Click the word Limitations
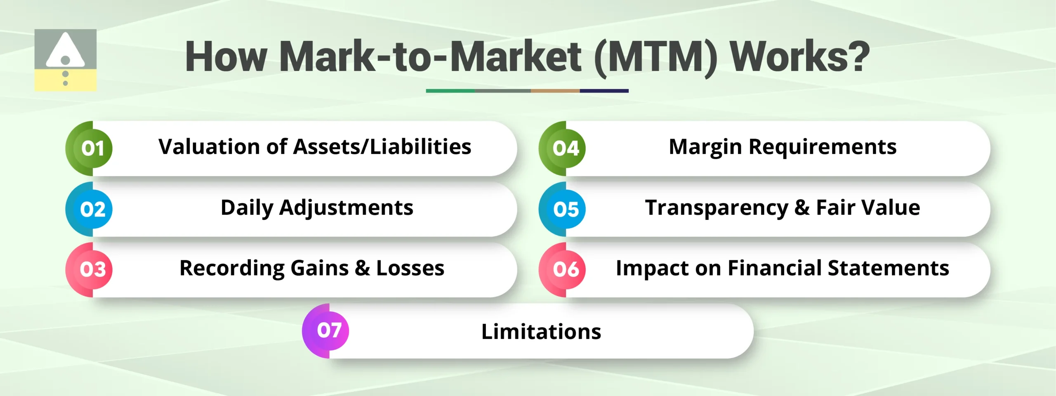(541, 332)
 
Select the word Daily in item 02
(246, 208)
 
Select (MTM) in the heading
(656, 57)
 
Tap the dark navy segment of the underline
(604, 91)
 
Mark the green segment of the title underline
(450, 91)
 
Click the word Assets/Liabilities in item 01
(382, 147)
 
